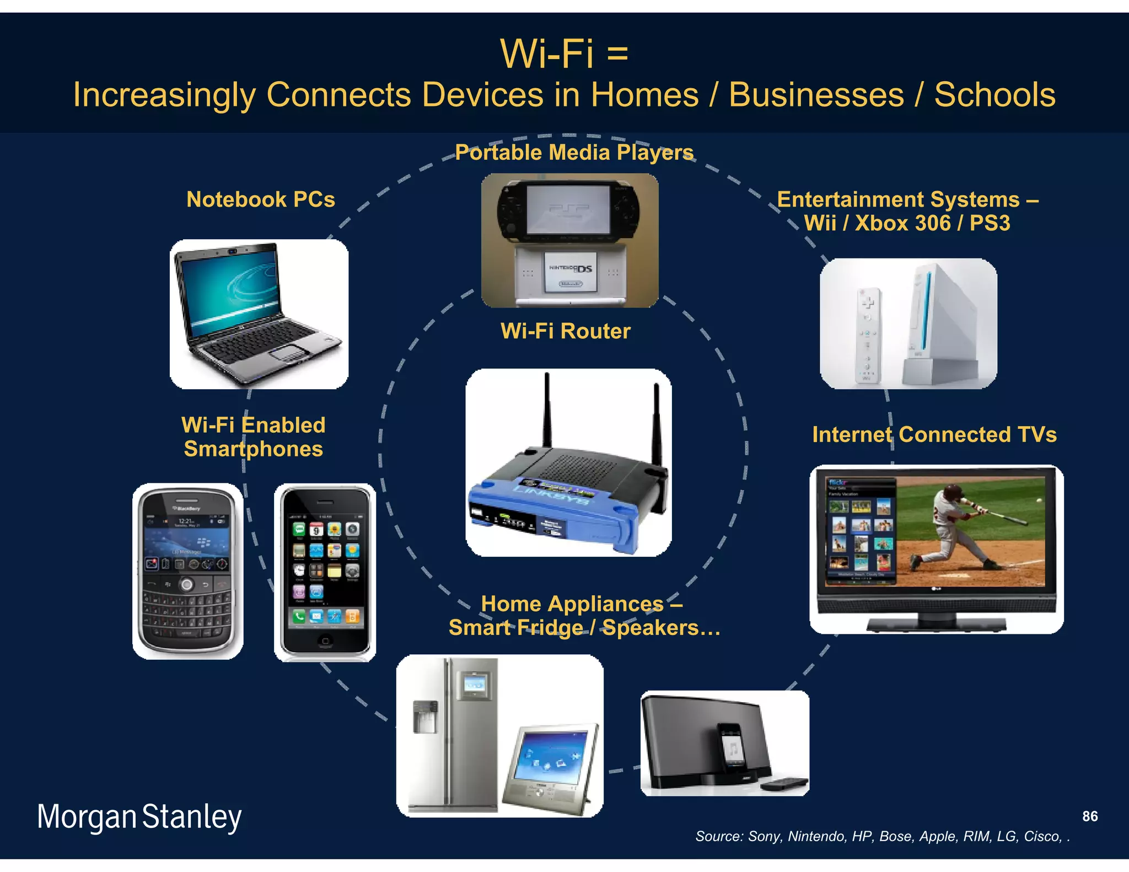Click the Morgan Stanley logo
click(139, 817)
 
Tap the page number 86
click(1089, 816)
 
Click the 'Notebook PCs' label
click(261, 200)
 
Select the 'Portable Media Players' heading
click(574, 153)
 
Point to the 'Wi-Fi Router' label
click(565, 331)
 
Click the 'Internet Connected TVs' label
click(934, 435)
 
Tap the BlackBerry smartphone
click(187, 570)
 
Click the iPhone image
click(325, 572)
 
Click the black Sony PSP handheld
click(569, 210)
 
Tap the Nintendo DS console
click(570, 275)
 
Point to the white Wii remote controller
click(867, 334)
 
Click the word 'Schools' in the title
click(994, 95)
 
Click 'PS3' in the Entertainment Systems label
click(990, 223)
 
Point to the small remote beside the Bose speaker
click(784, 782)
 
